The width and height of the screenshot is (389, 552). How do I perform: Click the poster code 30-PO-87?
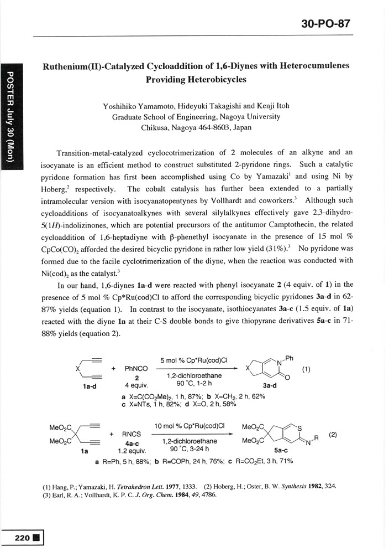pos(327,24)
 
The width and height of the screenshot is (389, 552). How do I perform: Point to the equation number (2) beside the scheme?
pos(333,435)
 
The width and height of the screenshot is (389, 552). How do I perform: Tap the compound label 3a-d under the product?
pos(270,386)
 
